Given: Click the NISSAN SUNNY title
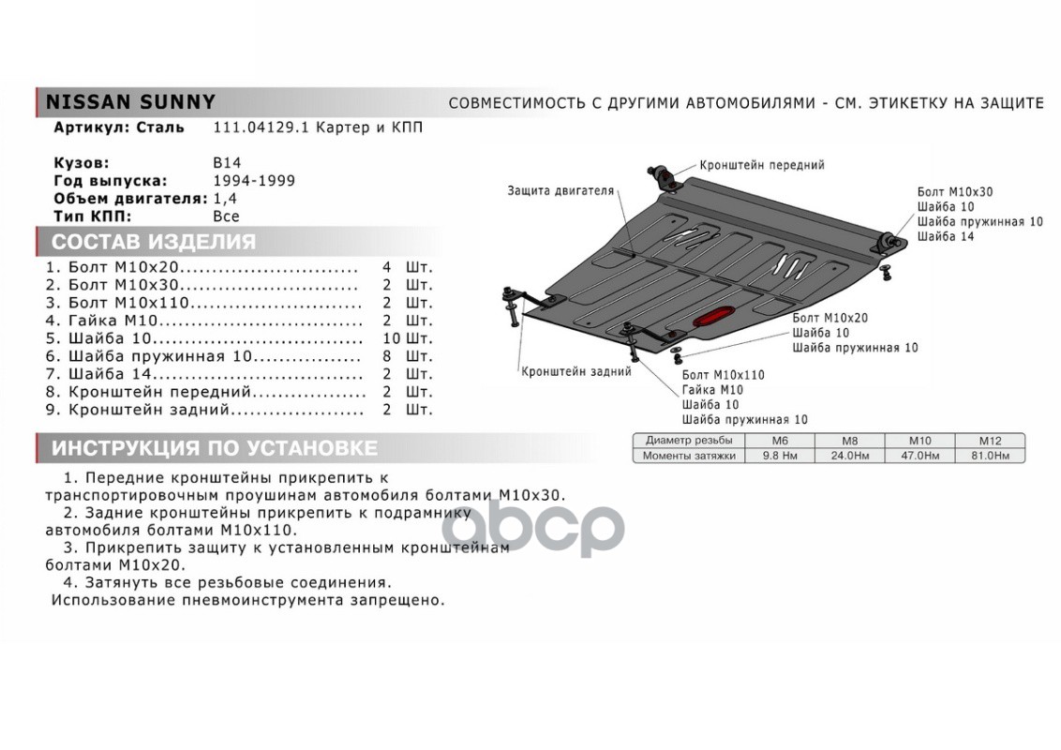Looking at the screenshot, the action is pos(131,101).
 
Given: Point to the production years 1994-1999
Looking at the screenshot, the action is pos(254,180).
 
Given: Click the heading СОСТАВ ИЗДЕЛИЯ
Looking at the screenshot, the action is pos(153,242).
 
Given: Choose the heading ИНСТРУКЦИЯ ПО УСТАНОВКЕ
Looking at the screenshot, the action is pos(215,447).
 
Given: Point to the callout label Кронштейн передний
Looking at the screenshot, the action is pos(761,165).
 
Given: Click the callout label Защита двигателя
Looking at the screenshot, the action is pos(560,190).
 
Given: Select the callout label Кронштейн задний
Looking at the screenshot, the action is pos(575,371).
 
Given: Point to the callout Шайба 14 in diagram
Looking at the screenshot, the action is pos(945,236).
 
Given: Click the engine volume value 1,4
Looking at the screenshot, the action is pos(225,199).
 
